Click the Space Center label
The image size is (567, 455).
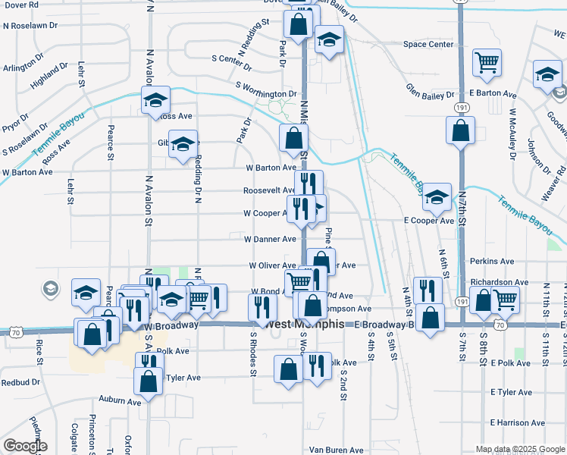point(428,45)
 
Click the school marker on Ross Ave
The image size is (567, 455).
point(156,101)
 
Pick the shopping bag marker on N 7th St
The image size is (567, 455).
point(460,131)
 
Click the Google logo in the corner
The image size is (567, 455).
point(25,446)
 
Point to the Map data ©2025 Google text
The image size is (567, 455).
point(520,449)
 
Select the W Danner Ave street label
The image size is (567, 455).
point(270,239)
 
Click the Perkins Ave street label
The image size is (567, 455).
point(493,261)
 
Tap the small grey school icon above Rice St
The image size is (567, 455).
point(50,288)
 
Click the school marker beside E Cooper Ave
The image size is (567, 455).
point(437,197)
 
